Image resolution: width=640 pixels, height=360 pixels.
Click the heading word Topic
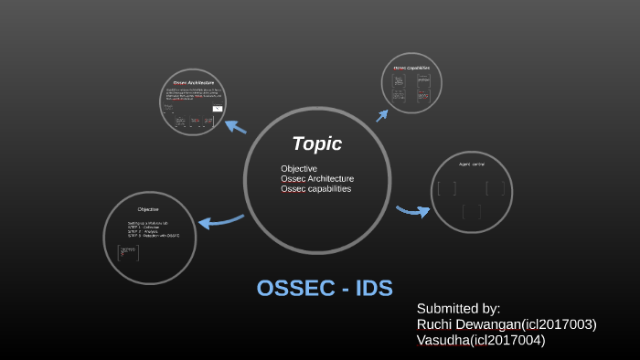(316, 143)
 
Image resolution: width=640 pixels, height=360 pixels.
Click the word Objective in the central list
(299, 169)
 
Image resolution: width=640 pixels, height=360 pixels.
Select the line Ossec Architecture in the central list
(317, 179)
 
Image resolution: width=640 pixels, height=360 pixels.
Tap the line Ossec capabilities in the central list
(315, 189)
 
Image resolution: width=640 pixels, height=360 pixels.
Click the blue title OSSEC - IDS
(325, 288)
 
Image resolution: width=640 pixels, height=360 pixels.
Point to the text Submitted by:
(458, 308)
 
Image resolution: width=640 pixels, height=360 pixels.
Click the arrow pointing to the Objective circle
(219, 220)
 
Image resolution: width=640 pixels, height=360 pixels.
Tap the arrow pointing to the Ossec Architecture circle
(236, 126)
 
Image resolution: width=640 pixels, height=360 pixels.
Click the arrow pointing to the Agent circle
(413, 212)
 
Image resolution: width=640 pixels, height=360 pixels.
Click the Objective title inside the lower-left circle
(148, 209)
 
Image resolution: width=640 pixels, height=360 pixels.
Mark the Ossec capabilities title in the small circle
(411, 68)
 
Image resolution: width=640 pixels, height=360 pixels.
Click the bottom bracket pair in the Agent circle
(472, 212)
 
